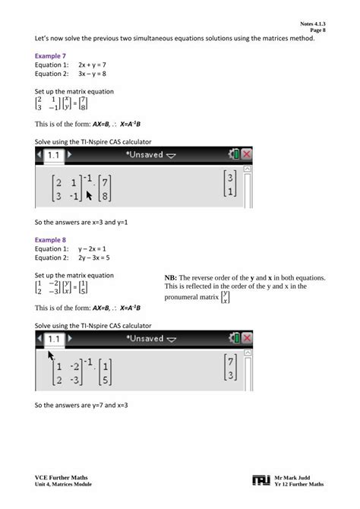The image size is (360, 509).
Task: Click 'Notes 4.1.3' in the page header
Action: tap(312, 24)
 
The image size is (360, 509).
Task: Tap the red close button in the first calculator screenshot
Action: tap(246, 154)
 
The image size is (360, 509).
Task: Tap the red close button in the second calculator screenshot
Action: tap(246, 338)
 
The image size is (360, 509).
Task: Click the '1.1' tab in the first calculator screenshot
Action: tap(54, 154)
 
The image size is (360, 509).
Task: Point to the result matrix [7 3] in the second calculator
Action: tap(231, 367)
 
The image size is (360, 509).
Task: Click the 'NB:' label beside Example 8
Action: tap(171, 278)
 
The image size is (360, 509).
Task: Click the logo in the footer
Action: tap(261, 479)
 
